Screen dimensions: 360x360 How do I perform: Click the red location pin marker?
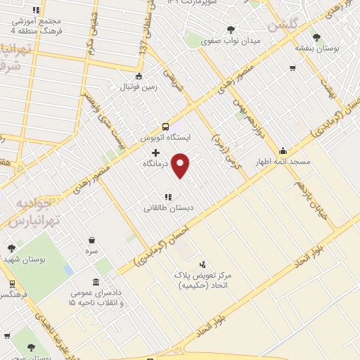coord(181,166)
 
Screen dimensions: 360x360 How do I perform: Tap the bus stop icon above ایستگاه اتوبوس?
coord(165,127)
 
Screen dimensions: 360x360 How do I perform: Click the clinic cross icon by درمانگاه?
coord(155,152)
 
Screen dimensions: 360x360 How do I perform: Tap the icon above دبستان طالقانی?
coord(167,197)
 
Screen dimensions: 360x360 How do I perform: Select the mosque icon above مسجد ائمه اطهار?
coord(283,150)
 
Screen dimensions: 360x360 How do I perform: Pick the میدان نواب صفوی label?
coord(231,41)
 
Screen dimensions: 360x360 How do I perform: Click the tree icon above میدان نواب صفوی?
coord(231,30)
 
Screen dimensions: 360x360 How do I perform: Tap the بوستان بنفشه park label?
coord(316,48)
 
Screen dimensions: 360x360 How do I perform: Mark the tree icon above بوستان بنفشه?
coord(316,37)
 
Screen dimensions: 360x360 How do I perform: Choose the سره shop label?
coord(91,250)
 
